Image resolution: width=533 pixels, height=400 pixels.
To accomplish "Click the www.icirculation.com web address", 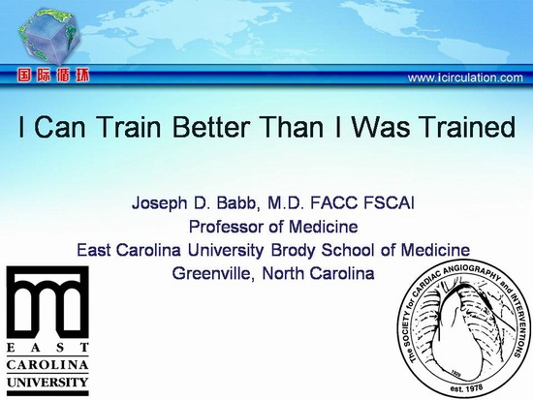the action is point(465,77).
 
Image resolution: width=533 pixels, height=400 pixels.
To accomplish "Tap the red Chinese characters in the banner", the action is point(53,76).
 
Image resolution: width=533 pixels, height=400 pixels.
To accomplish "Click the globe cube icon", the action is point(49,36).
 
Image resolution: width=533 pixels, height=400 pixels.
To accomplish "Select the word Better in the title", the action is point(211,127).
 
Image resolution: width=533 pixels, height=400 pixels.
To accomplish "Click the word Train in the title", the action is point(130,127).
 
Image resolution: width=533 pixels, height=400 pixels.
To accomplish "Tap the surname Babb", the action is point(239,203).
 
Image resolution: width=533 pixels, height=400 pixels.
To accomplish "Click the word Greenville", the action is point(213,273).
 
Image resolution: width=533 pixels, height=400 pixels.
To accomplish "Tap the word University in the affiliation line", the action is point(226,250).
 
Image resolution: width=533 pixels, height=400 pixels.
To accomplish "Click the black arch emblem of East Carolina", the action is point(47,301).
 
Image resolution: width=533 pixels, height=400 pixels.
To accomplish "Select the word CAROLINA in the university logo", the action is point(47,365).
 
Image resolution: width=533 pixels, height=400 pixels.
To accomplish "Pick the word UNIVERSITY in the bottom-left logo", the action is point(47,383).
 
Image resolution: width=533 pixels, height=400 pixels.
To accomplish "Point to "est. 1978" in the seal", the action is point(466,388).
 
